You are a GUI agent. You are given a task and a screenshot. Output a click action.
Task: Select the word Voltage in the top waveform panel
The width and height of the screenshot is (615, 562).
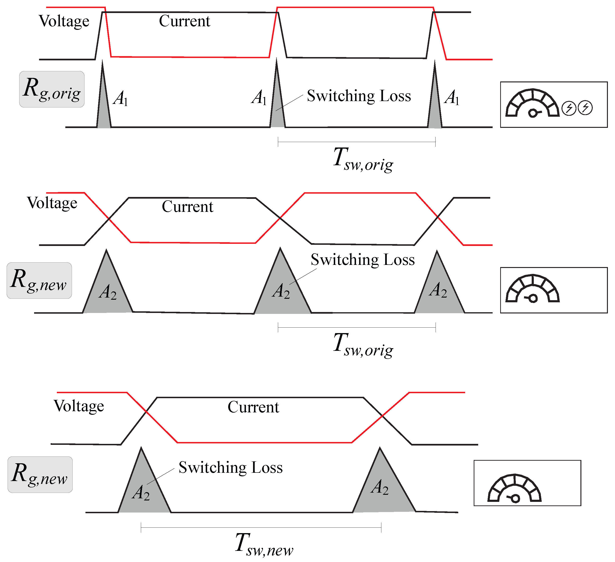[64, 21]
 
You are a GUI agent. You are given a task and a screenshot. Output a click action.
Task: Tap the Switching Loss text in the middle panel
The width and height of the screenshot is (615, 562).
[363, 260]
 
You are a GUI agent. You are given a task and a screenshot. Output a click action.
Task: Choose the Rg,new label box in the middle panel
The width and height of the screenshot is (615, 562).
[39, 280]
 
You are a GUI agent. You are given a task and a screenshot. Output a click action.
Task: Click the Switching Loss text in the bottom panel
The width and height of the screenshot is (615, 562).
[231, 467]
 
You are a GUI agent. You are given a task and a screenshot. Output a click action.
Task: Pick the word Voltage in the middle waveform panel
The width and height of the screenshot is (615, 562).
[52, 203]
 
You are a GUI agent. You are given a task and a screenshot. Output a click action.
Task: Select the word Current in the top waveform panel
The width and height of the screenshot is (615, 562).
[185, 21]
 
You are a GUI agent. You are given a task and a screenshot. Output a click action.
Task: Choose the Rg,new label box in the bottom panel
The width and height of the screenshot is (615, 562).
[40, 474]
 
